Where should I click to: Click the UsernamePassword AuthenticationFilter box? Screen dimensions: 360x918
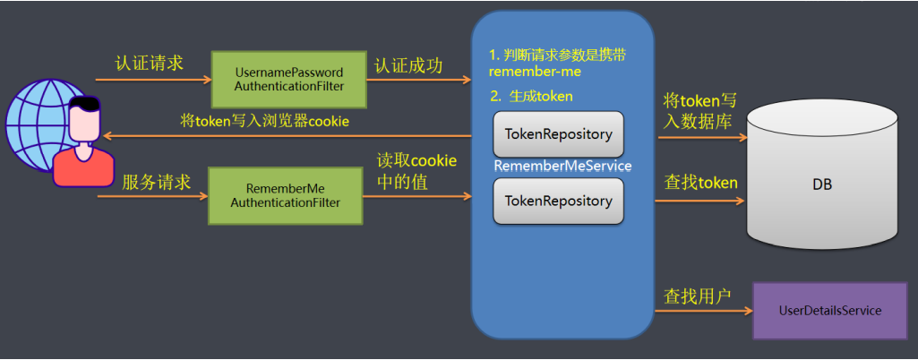288,79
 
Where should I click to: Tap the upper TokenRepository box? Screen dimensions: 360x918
558,134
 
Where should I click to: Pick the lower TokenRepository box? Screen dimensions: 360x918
558,201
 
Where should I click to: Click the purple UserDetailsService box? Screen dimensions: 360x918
829,310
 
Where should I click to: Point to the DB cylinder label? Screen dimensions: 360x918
822,184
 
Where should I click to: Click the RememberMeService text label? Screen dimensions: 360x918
562,167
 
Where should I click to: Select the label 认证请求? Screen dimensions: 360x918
150,64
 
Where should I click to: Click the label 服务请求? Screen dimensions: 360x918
157,182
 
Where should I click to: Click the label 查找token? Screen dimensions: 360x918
700,183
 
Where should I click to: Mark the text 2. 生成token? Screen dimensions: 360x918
531,96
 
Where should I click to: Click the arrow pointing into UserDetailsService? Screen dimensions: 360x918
703,312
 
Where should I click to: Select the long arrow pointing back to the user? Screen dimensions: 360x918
287,136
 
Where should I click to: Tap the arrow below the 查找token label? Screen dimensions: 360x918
699,201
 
